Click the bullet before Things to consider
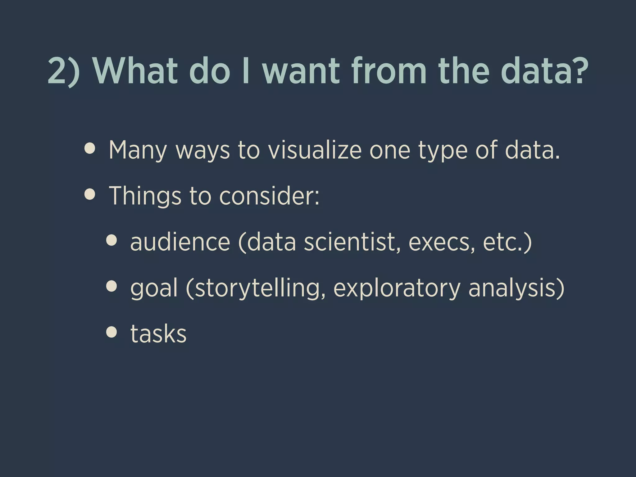[x=90, y=195]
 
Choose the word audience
[x=180, y=242]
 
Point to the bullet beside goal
[x=111, y=286]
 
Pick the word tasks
[x=158, y=334]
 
